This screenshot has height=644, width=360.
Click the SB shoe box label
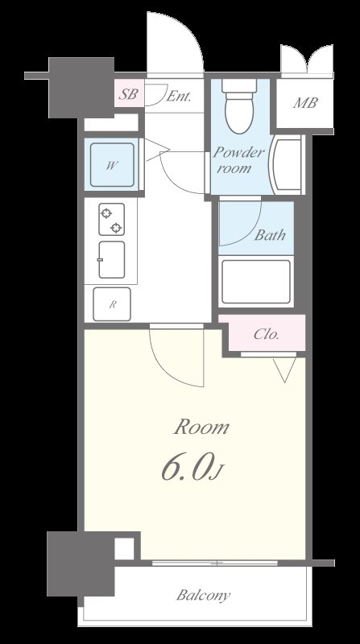pos(128,94)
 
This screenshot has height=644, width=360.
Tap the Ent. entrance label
pos(179,97)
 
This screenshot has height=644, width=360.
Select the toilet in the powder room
pos(239,106)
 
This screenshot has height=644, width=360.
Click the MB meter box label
pos(305,103)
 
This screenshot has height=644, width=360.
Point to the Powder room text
pos(238,160)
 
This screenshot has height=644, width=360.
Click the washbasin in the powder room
pos(286,164)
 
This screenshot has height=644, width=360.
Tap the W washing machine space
pos(112,165)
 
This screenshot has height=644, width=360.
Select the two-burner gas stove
pos(112,219)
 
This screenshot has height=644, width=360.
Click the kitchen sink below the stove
pos(111,259)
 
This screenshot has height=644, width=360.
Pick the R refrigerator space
pos(112,304)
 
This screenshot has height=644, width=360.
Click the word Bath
pos(270,235)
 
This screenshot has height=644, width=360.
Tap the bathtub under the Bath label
pos(256,282)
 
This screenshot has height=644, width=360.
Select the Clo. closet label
pos(267,334)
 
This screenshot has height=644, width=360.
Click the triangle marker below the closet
pos(285,369)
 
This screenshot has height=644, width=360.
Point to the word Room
pos(202,427)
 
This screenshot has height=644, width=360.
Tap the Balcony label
pos(204,595)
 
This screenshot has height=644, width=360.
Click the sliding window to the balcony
pos(215,563)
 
